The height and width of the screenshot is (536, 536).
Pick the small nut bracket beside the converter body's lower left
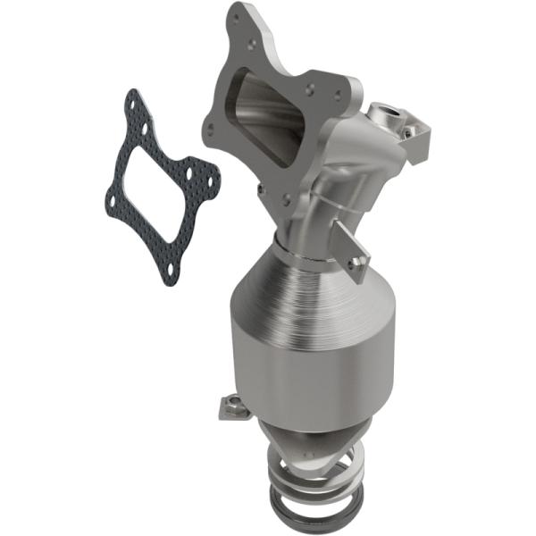pos(229,407)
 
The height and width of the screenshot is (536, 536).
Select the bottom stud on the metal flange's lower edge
pos(286,199)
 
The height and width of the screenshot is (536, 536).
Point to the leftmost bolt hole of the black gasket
pos(111,200)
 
